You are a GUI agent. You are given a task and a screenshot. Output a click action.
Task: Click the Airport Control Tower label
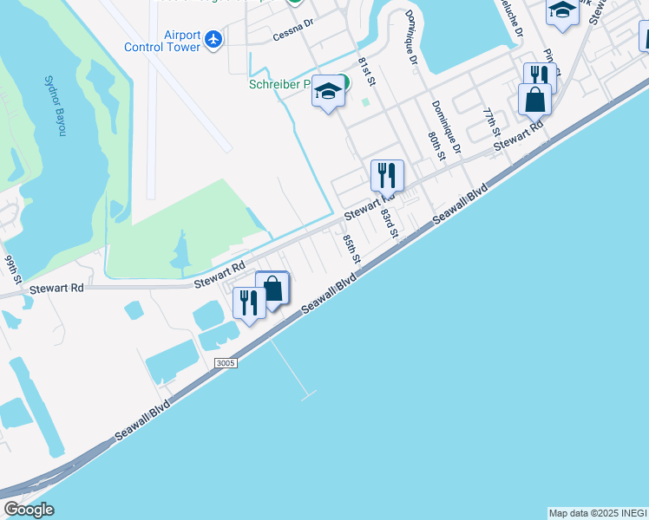click(163, 41)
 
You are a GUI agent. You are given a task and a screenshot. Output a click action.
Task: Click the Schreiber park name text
click(280, 85)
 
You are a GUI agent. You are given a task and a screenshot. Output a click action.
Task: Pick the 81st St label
click(369, 71)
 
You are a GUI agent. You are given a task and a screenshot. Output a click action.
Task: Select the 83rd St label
click(388, 221)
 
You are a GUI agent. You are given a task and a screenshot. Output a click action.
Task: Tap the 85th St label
click(351, 250)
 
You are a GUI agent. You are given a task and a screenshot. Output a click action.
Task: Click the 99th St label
click(12, 270)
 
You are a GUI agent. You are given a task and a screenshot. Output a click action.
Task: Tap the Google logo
click(28, 510)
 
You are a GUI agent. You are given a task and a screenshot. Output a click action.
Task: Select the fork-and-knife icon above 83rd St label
click(387, 175)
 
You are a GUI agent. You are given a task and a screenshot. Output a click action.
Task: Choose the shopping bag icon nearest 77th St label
click(534, 99)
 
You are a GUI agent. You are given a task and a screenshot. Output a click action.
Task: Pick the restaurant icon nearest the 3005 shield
click(249, 302)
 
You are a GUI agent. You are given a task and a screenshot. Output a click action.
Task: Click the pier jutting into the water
click(292, 368)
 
